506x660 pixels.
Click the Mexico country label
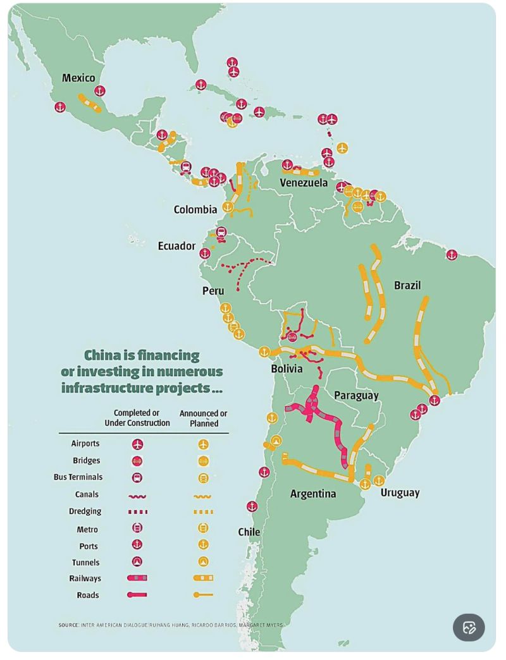click(x=78, y=78)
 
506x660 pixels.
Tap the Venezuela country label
click(x=304, y=183)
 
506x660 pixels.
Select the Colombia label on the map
click(x=195, y=209)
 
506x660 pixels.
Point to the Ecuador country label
click(x=176, y=246)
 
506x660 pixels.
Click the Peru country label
click(x=213, y=291)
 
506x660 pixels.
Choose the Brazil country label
click(x=407, y=285)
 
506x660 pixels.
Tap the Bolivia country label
click(x=287, y=369)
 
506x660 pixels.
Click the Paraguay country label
click(x=356, y=396)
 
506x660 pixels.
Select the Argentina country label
click(x=313, y=494)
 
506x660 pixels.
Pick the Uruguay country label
click(x=400, y=492)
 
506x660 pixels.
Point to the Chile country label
click(x=249, y=532)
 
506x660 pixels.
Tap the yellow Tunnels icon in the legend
click(x=204, y=561)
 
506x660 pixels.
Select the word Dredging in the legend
click(x=85, y=511)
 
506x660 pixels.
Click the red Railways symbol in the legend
click(x=137, y=578)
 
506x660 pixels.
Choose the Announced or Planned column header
click(x=203, y=418)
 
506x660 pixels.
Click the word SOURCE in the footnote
click(x=68, y=625)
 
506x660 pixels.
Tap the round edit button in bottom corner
click(x=469, y=627)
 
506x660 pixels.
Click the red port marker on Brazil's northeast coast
click(x=452, y=255)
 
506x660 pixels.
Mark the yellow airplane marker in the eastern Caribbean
click(x=342, y=148)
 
